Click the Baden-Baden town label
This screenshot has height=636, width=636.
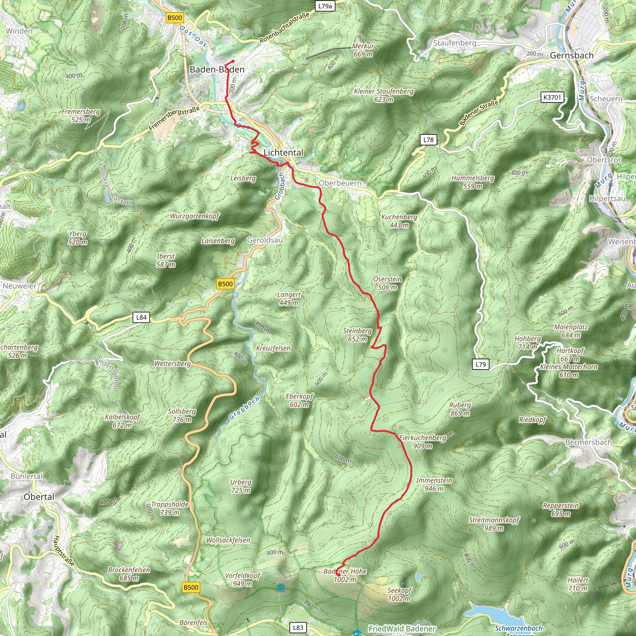[217, 70]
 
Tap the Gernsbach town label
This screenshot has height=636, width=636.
[571, 55]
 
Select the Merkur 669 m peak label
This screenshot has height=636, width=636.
[363, 50]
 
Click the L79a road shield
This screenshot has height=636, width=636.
[325, 6]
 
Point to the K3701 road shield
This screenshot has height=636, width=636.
[552, 97]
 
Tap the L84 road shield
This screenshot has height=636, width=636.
[141, 317]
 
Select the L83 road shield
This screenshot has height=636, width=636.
[298, 627]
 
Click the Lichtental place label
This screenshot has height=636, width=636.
[284, 152]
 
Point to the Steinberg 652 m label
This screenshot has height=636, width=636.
[357, 335]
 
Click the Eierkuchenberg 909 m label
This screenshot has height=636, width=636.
[423, 442]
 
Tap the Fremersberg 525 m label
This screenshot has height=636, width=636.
[81, 116]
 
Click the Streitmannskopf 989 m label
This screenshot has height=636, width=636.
[494, 524]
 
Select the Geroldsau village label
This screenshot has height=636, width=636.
[265, 240]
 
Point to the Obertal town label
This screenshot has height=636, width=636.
[39, 497]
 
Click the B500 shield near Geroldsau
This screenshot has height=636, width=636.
[225, 284]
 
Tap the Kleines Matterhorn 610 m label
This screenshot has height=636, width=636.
[569, 371]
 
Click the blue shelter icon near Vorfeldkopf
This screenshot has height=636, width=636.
[280, 588]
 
